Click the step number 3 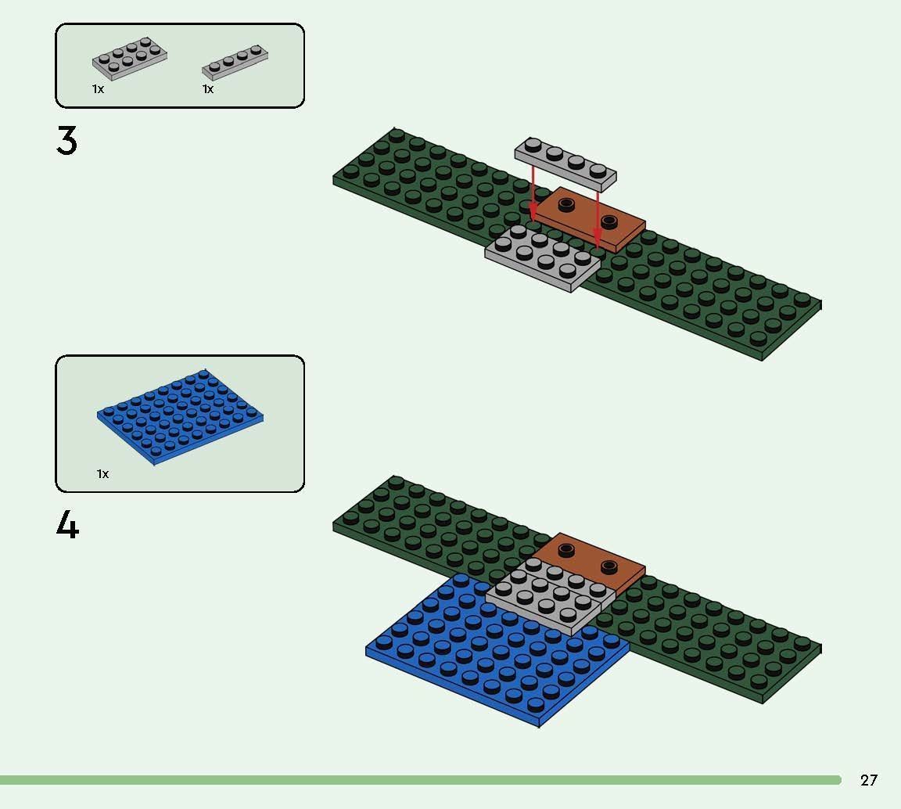pos(67,141)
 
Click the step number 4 pos(67,525)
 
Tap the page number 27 pos(868,780)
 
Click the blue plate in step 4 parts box pos(180,415)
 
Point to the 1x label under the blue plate pos(103,474)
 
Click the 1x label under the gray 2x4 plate pos(98,89)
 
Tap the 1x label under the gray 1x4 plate pos(208,89)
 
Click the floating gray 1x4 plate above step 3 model pos(565,164)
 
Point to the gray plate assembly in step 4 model pos(547,599)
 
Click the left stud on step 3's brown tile pos(565,204)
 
